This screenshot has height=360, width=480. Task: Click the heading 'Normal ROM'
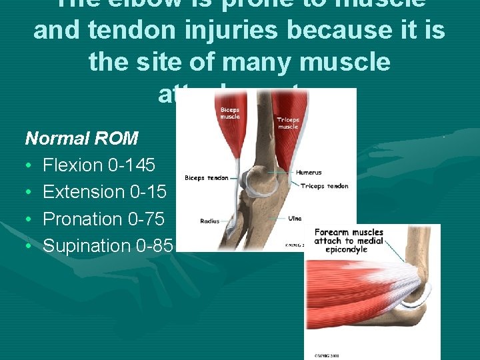click(x=81, y=139)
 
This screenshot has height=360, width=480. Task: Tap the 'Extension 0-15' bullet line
click(x=105, y=192)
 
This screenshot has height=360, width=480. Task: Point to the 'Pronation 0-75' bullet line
click(x=103, y=219)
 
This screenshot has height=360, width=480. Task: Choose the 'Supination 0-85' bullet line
click(x=107, y=246)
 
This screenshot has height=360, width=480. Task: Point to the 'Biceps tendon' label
click(x=207, y=178)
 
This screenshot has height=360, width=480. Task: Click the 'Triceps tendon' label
click(x=324, y=186)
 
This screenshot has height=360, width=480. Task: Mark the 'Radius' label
click(x=211, y=221)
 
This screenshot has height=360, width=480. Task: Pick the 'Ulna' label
click(x=295, y=218)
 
